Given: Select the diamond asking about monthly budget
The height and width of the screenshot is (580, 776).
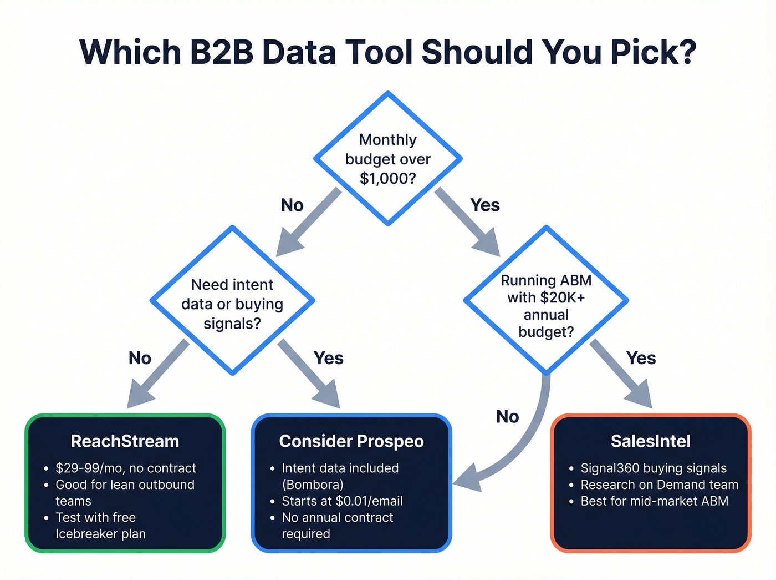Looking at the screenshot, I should pos(388,159).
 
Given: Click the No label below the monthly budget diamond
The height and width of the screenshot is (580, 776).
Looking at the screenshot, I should pos(292,205).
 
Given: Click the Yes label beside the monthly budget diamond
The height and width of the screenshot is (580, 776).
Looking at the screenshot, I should pos(485,205).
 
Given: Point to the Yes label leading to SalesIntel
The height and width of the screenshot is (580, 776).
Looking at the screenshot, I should pos(641,359).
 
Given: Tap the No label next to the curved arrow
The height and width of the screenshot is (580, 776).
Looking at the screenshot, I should pos(507,417).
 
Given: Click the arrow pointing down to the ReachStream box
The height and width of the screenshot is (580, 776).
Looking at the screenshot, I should pos(155,377).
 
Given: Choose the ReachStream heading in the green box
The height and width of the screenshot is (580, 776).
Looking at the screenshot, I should pos(125,442).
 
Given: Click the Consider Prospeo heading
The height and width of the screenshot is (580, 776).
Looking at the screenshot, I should pos(351,442).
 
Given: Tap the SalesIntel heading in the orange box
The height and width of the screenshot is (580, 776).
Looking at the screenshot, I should pos(651,442).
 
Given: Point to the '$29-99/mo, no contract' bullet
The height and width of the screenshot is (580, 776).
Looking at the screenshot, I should pos(126,468).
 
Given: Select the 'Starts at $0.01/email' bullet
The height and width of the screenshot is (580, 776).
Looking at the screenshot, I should pos(342,501).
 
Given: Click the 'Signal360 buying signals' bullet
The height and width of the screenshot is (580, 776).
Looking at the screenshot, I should pos(654,468).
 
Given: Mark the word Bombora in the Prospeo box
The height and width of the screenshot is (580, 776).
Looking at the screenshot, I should pos(313,485).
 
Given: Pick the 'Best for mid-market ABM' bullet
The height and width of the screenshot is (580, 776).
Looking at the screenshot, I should pos(654,501).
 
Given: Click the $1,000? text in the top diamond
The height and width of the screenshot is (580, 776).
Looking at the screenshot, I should pos(387,179).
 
